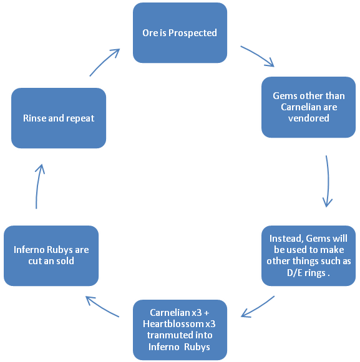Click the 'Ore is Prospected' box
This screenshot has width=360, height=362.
click(x=180, y=32)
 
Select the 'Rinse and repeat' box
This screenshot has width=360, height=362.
click(x=59, y=118)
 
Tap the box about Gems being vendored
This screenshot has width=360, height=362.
click(x=308, y=107)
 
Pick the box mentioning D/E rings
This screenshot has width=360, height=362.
click(x=308, y=255)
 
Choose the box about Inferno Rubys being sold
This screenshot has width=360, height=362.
click(x=51, y=255)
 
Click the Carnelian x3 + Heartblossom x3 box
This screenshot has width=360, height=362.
click(x=180, y=330)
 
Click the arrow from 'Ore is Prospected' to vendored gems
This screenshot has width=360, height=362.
click(x=258, y=55)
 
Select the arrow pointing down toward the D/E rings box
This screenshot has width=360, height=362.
click(x=328, y=181)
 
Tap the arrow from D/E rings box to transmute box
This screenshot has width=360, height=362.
click(x=257, y=307)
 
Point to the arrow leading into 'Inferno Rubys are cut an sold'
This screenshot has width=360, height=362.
click(x=102, y=306)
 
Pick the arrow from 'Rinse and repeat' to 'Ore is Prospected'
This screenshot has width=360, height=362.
click(x=104, y=62)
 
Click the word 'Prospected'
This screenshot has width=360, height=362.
click(x=193, y=33)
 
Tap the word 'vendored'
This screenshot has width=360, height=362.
click(x=309, y=118)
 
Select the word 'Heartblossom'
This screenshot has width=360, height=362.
click(x=173, y=324)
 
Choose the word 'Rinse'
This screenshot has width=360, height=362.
click(x=35, y=118)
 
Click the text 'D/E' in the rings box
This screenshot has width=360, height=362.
click(x=294, y=273)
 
